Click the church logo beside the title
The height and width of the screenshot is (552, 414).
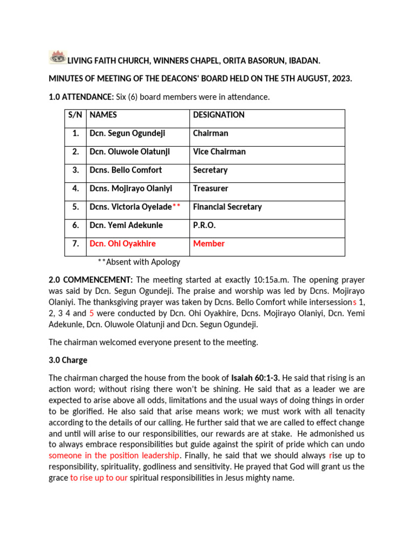[x=57, y=57]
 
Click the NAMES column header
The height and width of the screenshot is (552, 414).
[x=103, y=115]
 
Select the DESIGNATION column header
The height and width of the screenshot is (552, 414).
[x=218, y=115]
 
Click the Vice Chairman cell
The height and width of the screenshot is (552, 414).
[x=219, y=151]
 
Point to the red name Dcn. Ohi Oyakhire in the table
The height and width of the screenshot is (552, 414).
[x=122, y=244]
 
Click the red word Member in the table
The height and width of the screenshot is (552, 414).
[x=209, y=244]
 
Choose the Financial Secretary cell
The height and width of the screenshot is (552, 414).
[x=227, y=206]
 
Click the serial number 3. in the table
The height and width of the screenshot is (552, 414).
[x=75, y=170]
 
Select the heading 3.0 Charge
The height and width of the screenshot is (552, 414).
[x=68, y=360]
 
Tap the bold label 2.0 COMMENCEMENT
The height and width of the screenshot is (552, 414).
[x=91, y=280]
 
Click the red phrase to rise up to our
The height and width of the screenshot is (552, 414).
[x=99, y=478]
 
